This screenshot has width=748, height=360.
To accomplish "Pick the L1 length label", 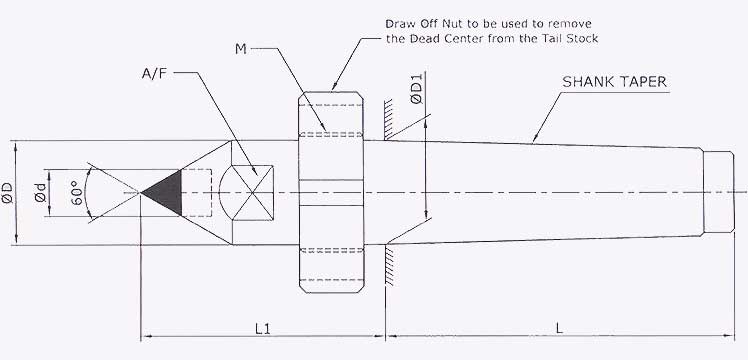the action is [x=263, y=326].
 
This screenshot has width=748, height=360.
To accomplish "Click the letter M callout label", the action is [x=241, y=48].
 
